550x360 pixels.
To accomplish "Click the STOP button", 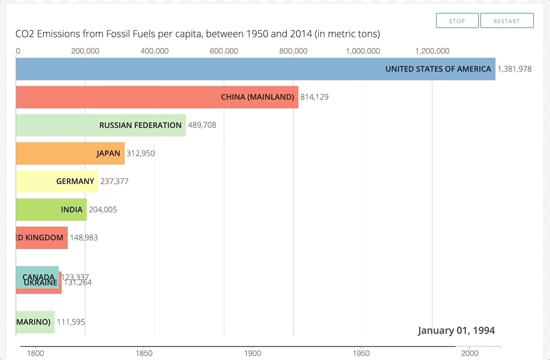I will [x=457, y=21].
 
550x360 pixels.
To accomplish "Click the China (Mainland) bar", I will [x=156, y=97].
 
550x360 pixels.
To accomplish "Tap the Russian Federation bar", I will [x=101, y=125].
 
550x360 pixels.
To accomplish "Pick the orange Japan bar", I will [x=70, y=153].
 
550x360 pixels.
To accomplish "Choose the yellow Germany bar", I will [x=57, y=181].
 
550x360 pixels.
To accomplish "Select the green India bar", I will [x=51, y=210].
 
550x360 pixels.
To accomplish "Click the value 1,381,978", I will [x=514, y=69].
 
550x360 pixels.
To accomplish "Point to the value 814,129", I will [x=314, y=97].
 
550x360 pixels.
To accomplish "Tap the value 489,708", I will [x=202, y=125].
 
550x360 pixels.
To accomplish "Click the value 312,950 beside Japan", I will [x=140, y=153].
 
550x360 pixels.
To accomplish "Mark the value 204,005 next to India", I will [x=102, y=210].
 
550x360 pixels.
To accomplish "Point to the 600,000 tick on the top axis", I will [x=224, y=51].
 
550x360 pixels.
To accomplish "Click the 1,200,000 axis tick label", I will [x=432, y=51].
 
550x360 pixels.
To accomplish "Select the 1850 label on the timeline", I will [x=144, y=353].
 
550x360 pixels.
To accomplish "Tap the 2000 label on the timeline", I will [x=470, y=353].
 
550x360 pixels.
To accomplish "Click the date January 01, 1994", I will [x=456, y=330].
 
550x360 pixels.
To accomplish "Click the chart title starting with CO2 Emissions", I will [x=197, y=34].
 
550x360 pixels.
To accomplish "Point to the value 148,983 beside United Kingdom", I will [x=84, y=238].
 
